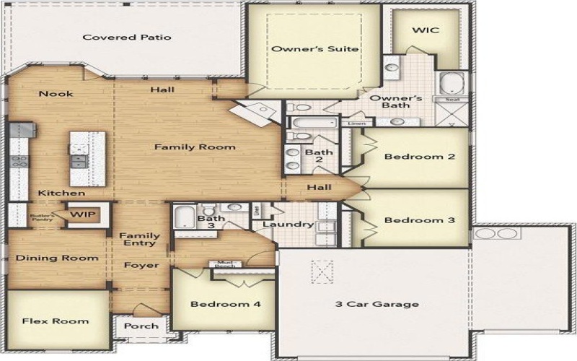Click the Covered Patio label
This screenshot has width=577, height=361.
(127, 37)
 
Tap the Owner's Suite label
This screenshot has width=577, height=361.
(314, 49)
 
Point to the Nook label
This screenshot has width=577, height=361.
(56, 93)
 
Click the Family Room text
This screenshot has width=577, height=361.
(195, 147)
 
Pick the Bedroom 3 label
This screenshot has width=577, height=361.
(419, 219)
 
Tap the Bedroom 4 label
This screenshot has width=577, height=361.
(225, 304)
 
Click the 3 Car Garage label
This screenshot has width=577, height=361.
(376, 304)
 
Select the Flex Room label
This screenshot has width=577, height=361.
(55, 321)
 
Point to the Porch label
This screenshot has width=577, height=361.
(141, 326)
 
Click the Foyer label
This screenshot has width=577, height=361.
(141, 265)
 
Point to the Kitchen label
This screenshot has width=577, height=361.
(61, 193)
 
